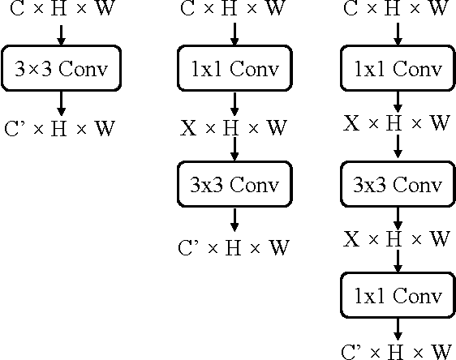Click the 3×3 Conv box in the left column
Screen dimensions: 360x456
click(61, 69)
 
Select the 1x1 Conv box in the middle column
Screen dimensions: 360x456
click(234, 69)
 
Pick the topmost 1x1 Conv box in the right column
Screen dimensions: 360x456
click(397, 69)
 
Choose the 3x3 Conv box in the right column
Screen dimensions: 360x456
click(397, 184)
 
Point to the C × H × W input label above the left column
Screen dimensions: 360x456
click(61, 11)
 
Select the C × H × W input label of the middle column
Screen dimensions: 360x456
click(234, 11)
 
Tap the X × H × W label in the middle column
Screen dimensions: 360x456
click(234, 127)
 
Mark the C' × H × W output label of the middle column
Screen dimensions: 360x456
click(234, 247)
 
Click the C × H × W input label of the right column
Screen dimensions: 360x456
click(397, 11)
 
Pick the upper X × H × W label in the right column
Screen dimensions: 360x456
click(397, 123)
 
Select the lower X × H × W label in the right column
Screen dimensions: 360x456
click(397, 239)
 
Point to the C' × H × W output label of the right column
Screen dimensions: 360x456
click(397, 351)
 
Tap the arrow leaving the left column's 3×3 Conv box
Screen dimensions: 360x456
click(61, 103)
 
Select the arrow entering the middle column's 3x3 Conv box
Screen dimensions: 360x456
click(234, 150)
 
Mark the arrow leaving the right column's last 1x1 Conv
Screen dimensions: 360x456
click(397, 327)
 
